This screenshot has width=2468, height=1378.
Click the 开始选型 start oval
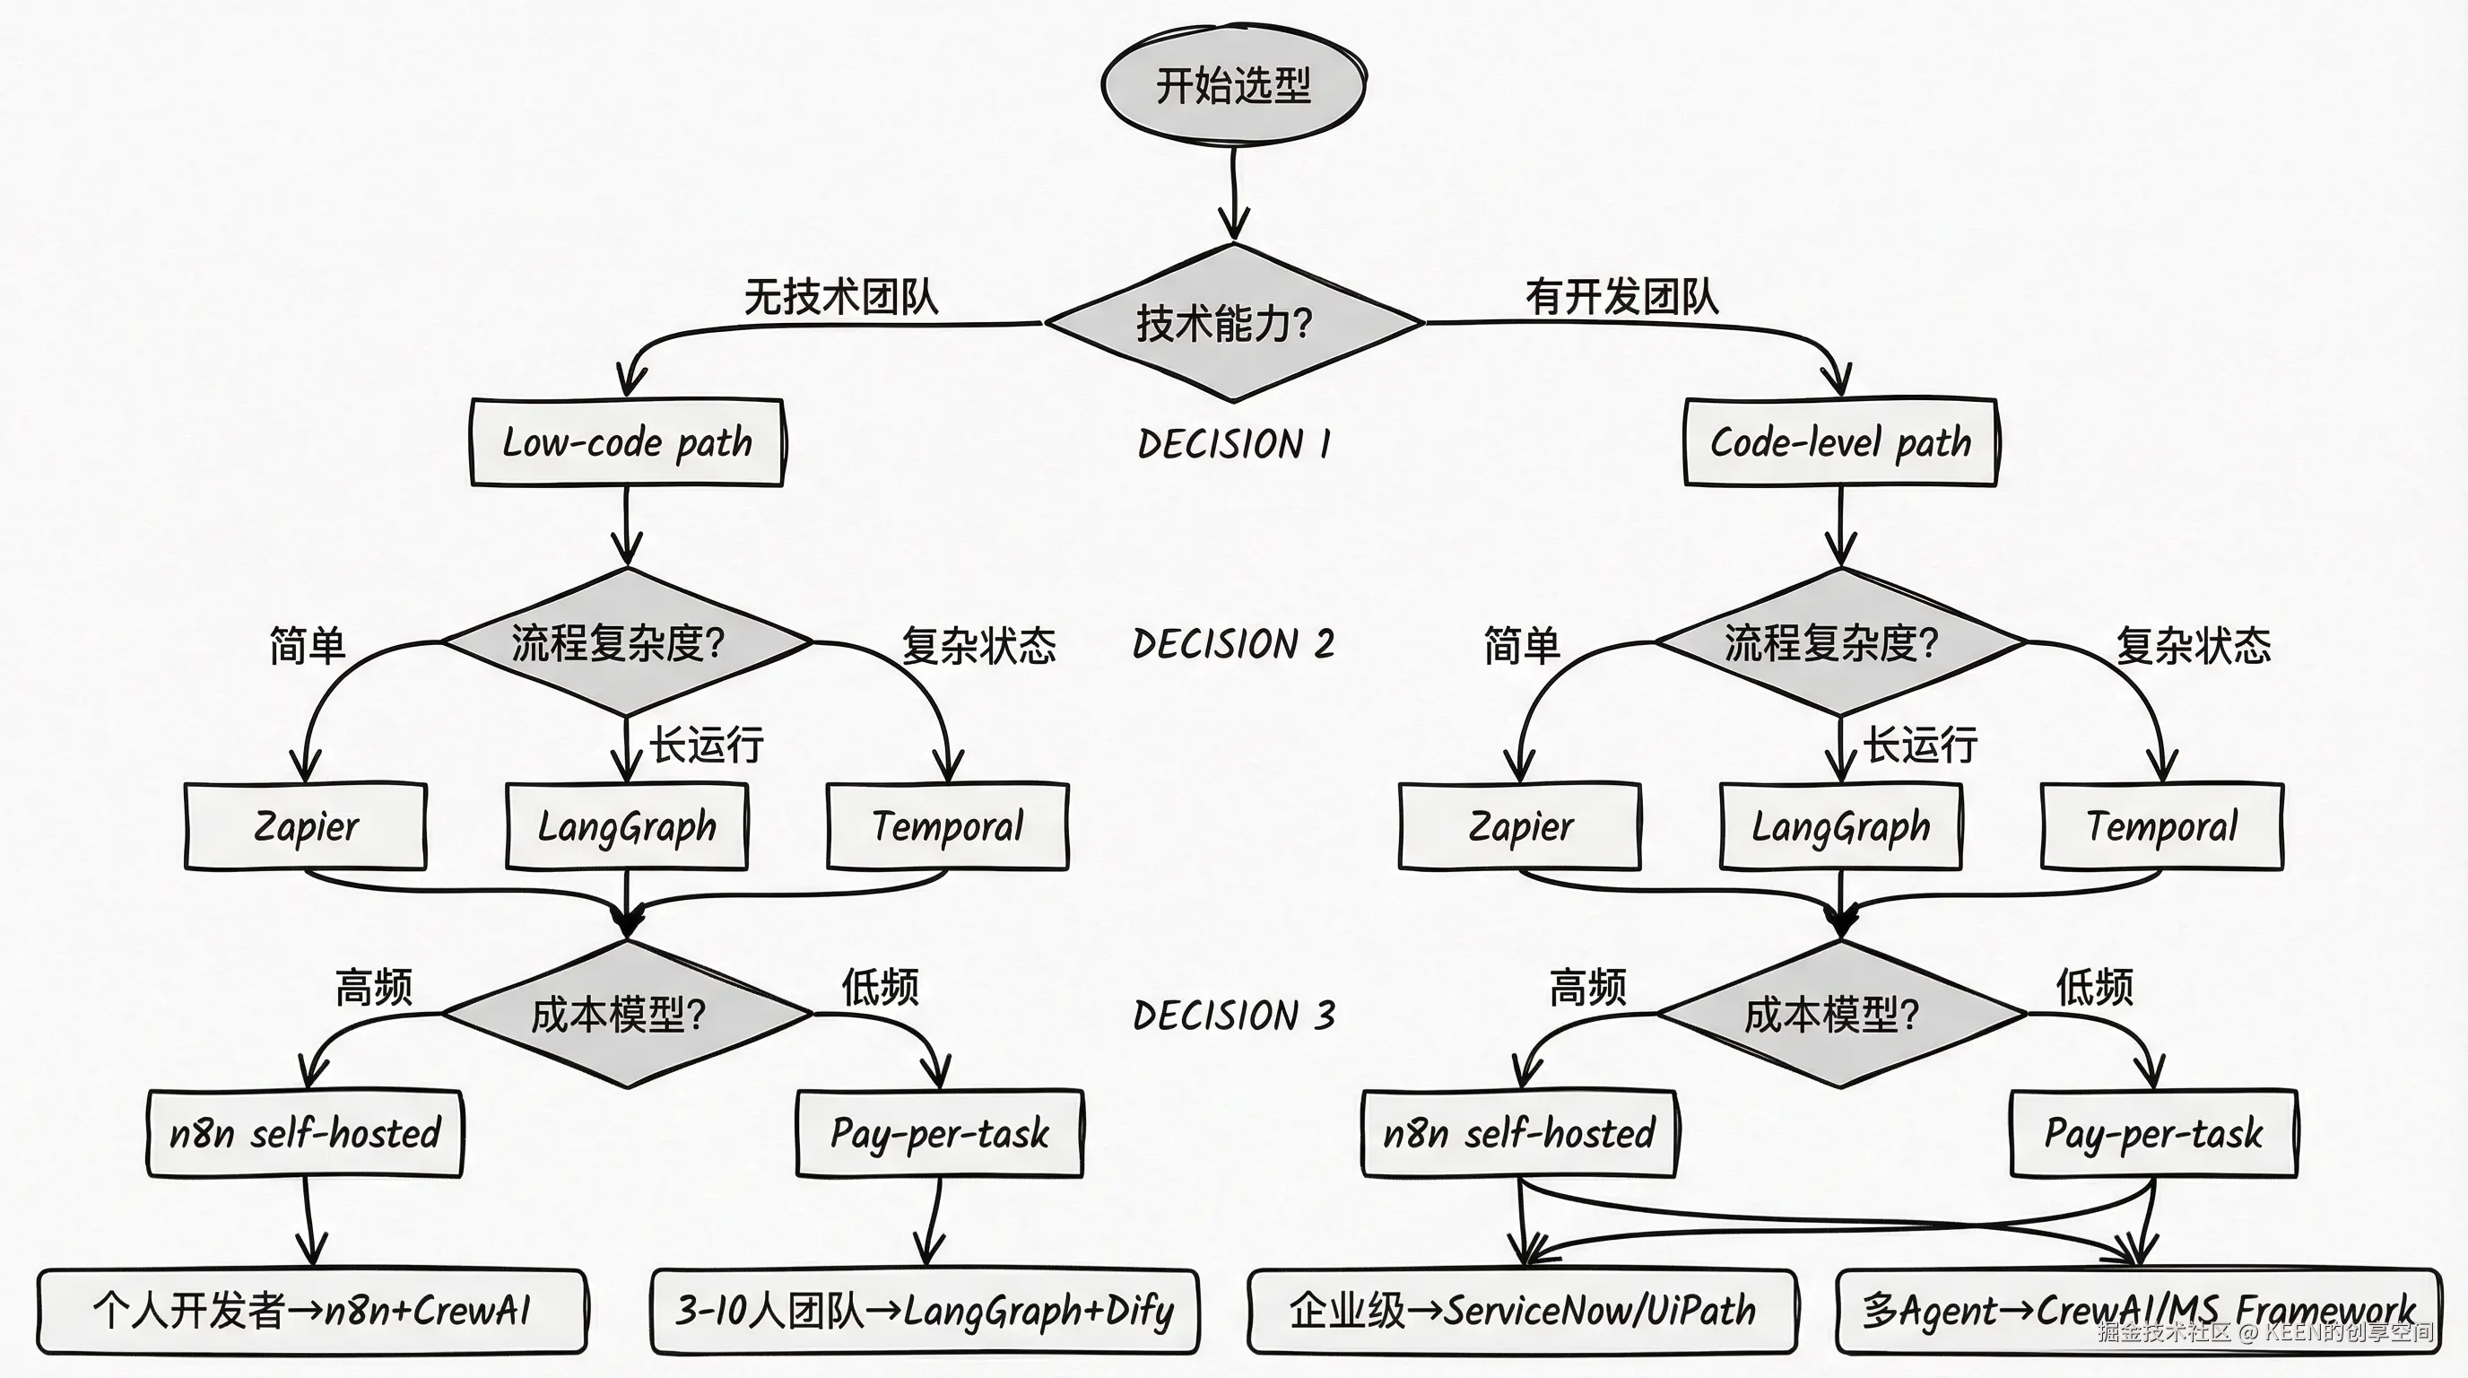click(1233, 85)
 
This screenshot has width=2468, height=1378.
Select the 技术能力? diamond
click(1233, 323)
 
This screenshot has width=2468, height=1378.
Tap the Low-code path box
click(627, 442)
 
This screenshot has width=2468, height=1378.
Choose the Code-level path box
click(1839, 442)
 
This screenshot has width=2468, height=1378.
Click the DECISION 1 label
click(1234, 445)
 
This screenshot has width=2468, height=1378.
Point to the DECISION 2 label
click(1234, 644)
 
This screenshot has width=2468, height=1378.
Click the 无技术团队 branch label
click(840, 297)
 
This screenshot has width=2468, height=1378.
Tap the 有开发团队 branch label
click(1621, 297)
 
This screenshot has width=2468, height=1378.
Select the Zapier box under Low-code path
click(306, 826)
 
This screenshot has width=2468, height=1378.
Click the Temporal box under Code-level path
click(2161, 826)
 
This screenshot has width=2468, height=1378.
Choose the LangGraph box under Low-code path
click(627, 826)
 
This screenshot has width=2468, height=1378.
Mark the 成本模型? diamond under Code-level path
click(1839, 1014)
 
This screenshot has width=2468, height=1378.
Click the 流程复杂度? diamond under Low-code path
click(627, 642)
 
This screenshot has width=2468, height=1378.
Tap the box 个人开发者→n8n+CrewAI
click(311, 1311)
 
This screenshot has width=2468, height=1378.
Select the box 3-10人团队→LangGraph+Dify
click(925, 1311)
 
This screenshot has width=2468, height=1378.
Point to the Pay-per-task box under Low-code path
click(939, 1134)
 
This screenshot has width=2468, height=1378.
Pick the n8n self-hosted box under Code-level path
click(1518, 1134)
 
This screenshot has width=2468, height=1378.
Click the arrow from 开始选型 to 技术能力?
click(1234, 192)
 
